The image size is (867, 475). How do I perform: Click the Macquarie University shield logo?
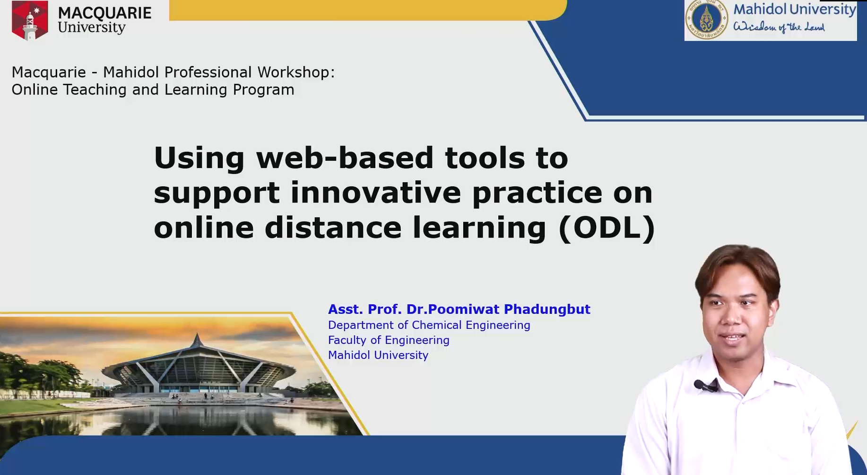click(30, 20)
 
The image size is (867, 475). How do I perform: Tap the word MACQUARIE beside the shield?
click(104, 13)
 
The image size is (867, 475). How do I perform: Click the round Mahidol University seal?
click(707, 20)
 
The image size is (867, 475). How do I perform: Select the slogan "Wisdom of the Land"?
click(779, 27)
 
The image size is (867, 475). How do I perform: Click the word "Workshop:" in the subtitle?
click(296, 72)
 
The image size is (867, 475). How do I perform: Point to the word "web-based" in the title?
click(345, 158)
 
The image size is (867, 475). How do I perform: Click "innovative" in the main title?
click(375, 193)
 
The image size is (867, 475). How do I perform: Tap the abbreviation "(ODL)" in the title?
click(607, 228)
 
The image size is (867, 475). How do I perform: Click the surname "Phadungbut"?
click(547, 309)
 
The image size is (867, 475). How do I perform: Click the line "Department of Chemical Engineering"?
click(429, 325)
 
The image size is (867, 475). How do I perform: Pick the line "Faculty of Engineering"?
click(389, 340)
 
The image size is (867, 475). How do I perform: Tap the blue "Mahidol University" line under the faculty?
click(378, 355)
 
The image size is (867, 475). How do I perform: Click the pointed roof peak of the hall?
click(197, 335)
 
